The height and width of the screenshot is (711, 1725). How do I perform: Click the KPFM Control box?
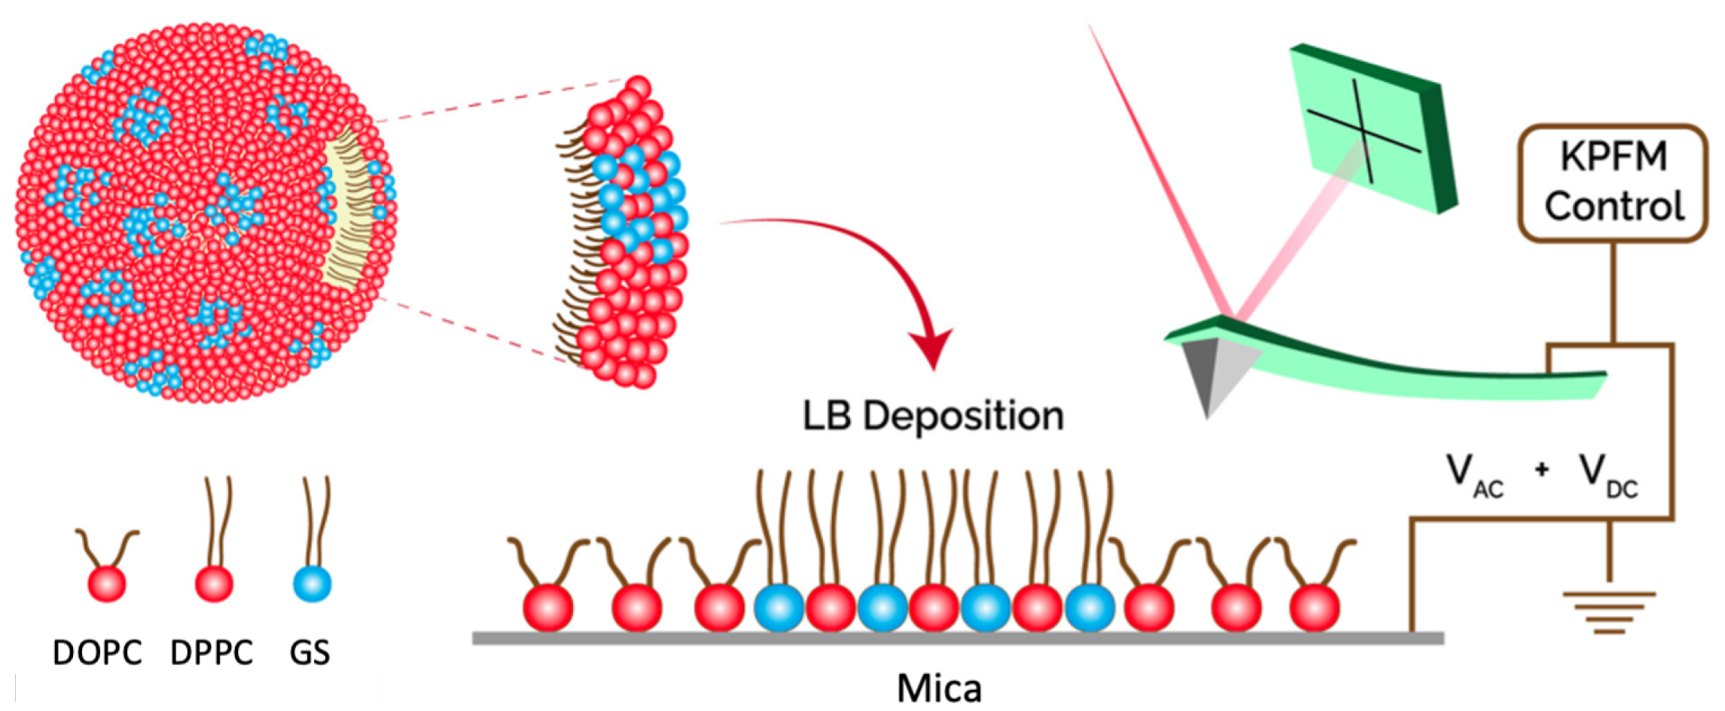click(x=1613, y=183)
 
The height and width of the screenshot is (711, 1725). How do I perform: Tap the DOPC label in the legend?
click(x=97, y=652)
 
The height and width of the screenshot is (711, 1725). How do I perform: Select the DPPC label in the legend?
click(x=212, y=652)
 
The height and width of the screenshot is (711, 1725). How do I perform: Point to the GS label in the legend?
click(x=309, y=652)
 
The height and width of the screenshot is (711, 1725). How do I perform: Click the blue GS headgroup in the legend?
click(x=312, y=584)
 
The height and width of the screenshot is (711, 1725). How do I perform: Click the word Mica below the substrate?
click(x=939, y=688)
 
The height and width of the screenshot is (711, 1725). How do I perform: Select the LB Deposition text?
click(x=933, y=417)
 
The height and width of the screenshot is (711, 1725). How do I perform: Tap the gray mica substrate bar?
click(x=957, y=639)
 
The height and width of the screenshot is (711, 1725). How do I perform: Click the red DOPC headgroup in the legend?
click(x=107, y=584)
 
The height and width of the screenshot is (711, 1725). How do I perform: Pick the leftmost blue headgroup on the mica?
click(x=779, y=607)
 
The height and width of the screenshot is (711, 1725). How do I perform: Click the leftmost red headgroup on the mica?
click(x=547, y=607)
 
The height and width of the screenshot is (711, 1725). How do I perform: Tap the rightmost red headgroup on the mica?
click(x=1315, y=607)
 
